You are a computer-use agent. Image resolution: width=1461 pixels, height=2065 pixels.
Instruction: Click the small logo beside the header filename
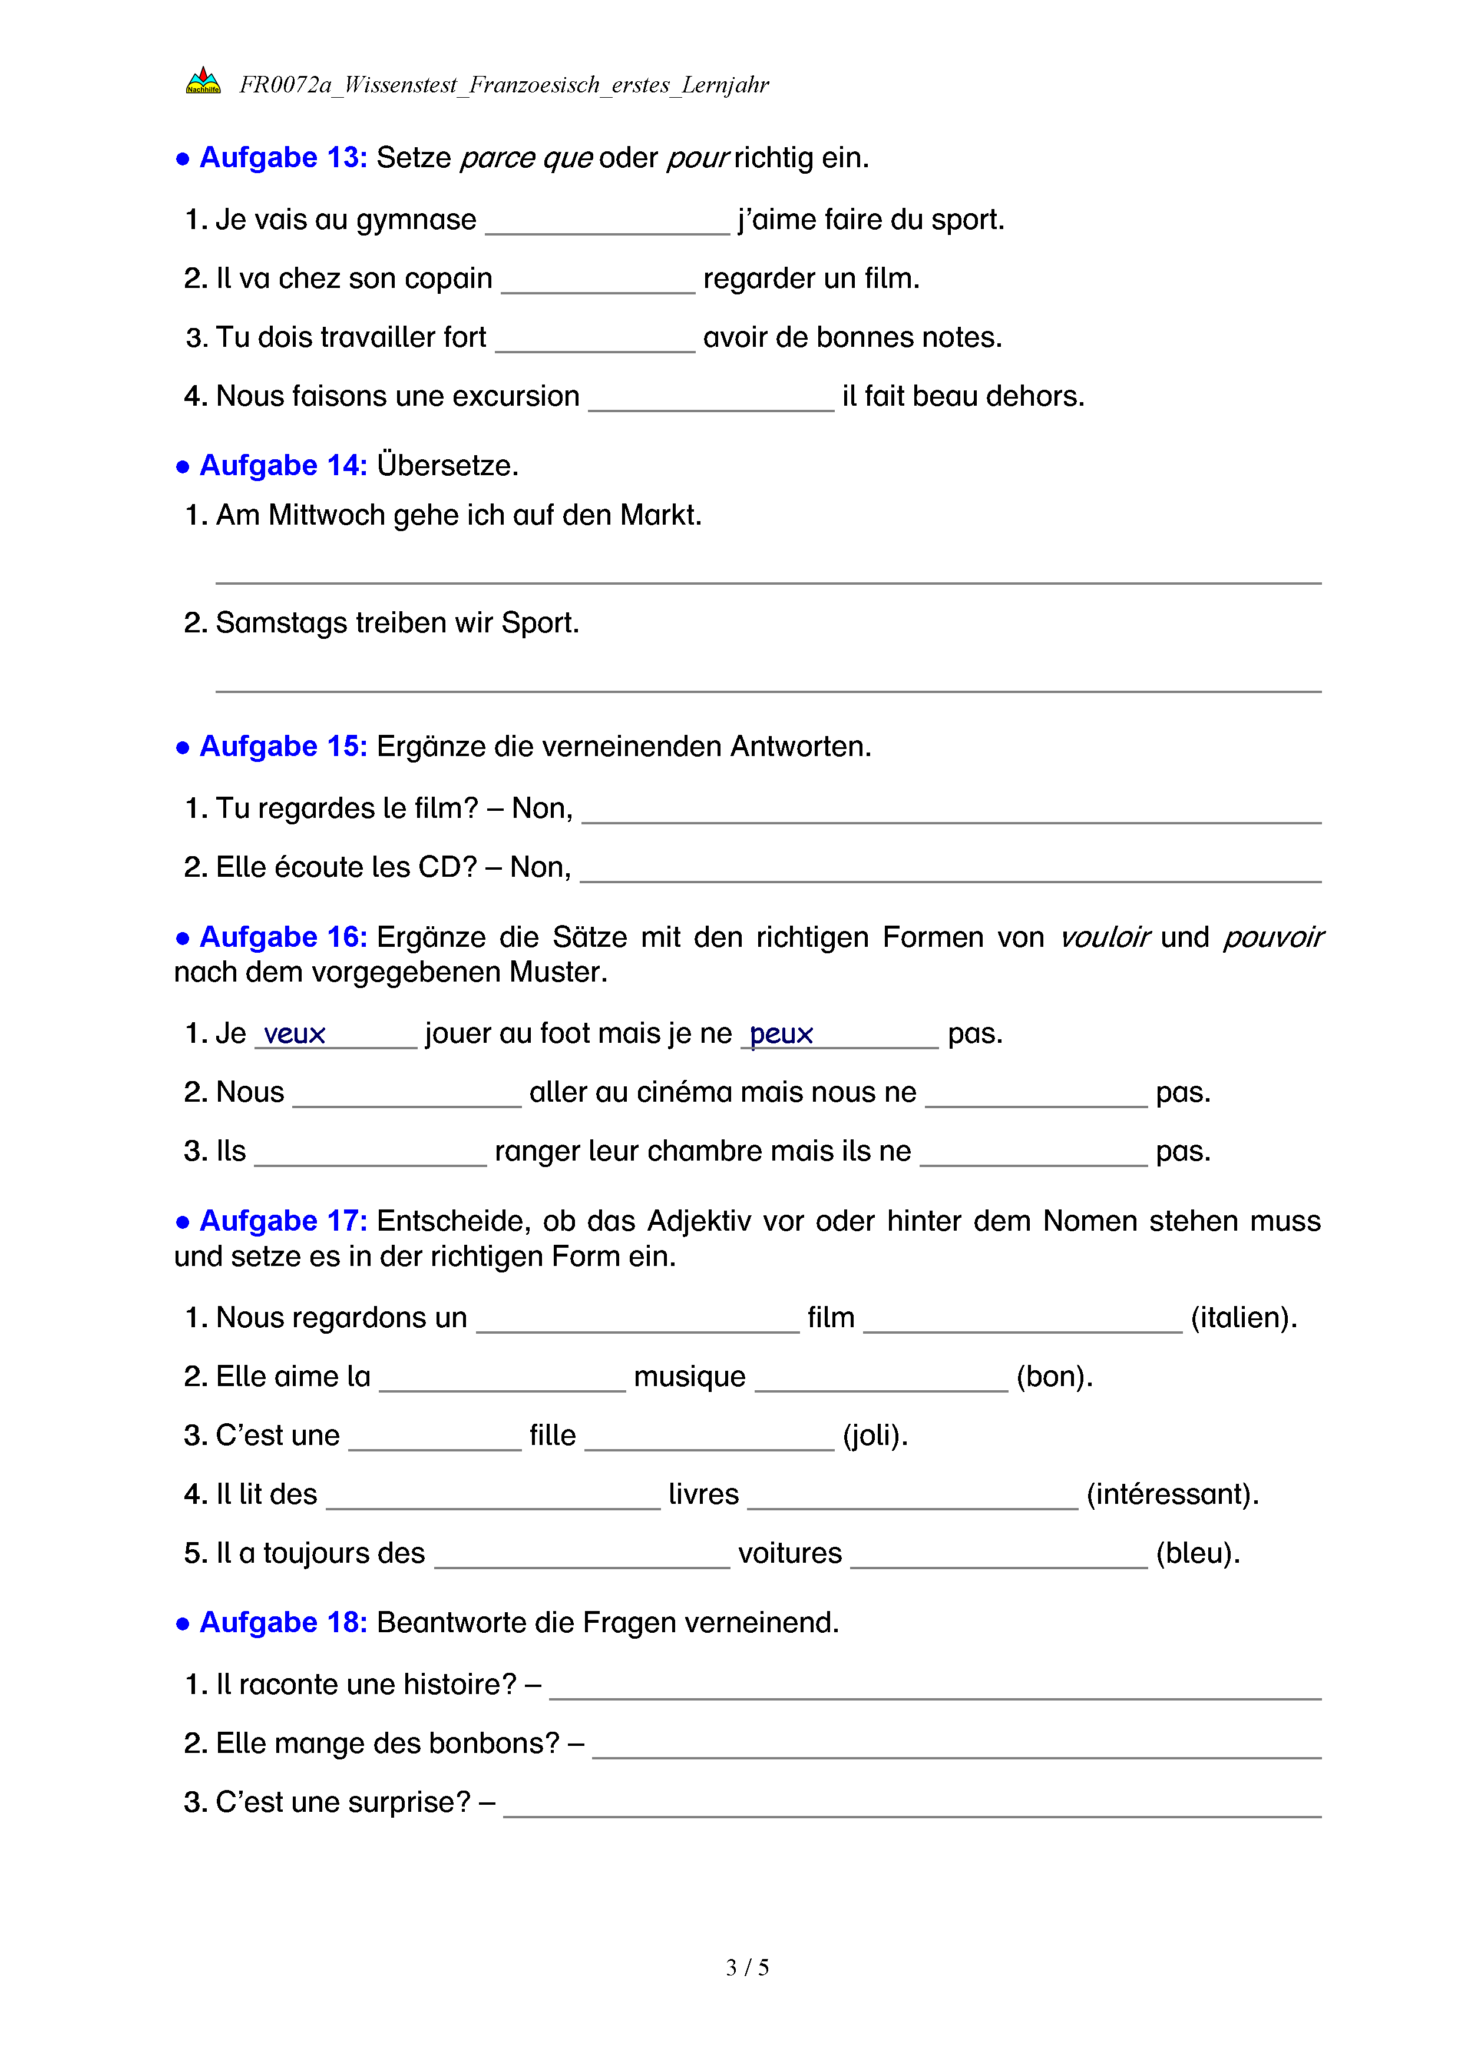pos(203,82)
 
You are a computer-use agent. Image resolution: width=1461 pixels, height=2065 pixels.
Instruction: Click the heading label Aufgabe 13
pos(283,157)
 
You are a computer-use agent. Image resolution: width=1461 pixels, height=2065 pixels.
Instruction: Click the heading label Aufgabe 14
pos(283,465)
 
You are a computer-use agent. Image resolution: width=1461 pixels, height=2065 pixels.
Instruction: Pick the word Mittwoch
pos(328,515)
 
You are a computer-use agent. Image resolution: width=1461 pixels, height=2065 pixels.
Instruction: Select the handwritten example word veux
pos(294,1035)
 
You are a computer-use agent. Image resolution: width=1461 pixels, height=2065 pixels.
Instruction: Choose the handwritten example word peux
pos(781,1035)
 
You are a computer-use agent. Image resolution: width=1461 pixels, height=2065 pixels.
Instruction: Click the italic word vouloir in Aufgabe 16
pos(1105,937)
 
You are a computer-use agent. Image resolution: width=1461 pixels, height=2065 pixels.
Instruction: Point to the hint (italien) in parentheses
pos(1243,1318)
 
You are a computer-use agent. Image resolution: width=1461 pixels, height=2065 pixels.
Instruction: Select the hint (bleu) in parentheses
pos(1198,1553)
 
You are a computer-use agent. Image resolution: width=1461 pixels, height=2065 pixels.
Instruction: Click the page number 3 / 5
pos(746,1968)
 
